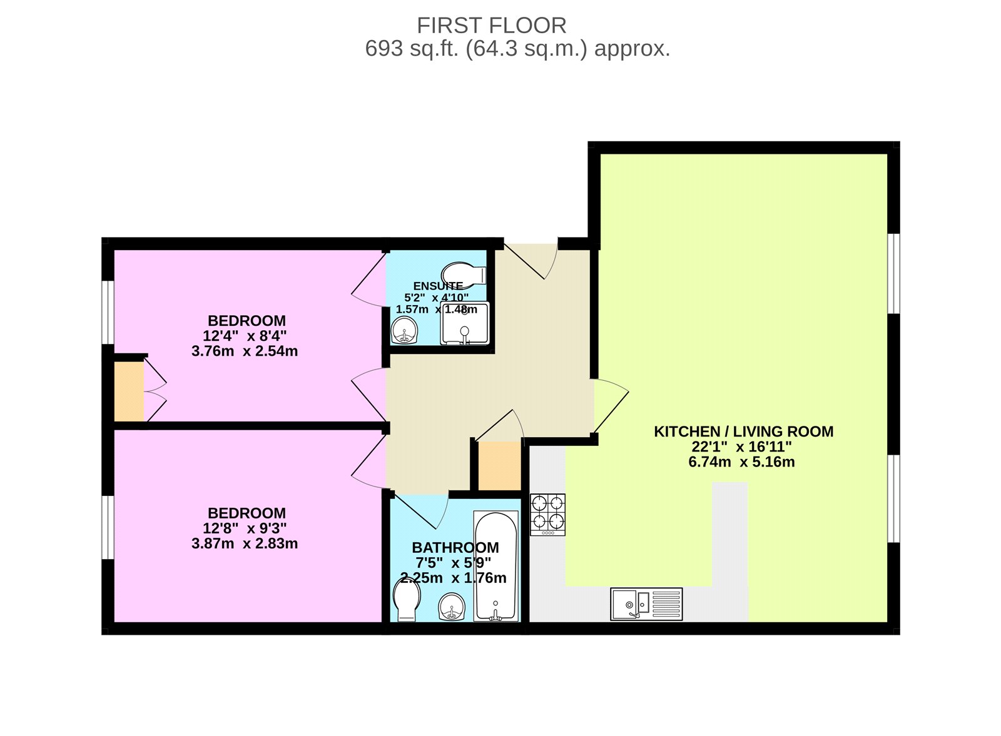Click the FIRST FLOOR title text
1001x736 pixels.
point(492,26)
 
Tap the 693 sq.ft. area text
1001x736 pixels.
point(517,49)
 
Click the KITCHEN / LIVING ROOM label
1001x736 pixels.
point(743,431)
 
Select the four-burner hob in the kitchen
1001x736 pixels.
point(547,514)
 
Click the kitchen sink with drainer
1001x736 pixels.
point(646,604)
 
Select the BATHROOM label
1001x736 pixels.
point(455,548)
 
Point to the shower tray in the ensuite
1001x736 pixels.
point(465,324)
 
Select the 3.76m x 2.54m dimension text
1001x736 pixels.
point(245,351)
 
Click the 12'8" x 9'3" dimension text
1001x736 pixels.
point(245,528)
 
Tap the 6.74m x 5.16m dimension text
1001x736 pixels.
point(743,463)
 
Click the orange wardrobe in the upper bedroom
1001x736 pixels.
point(129,391)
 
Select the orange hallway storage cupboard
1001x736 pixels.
point(499,466)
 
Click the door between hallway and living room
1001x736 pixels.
point(610,406)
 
